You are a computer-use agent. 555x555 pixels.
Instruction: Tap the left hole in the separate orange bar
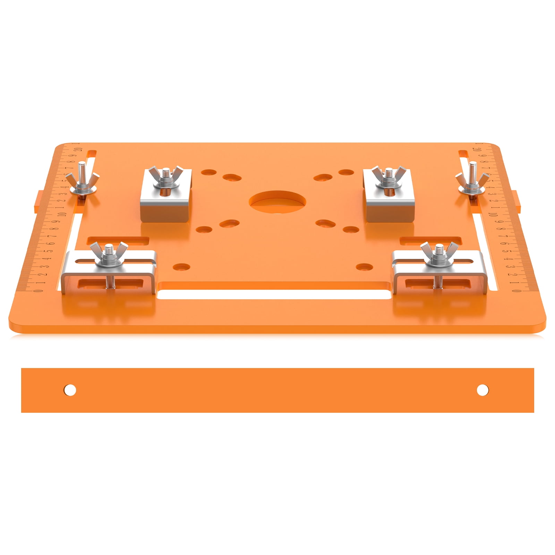click(x=70, y=390)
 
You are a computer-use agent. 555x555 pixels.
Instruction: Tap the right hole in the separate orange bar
click(x=483, y=390)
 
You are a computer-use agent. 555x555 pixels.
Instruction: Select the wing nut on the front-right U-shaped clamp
click(x=439, y=254)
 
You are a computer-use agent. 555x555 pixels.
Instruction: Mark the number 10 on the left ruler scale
click(x=62, y=213)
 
